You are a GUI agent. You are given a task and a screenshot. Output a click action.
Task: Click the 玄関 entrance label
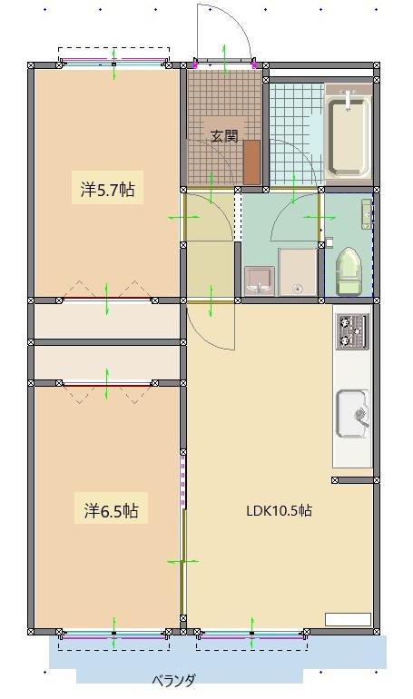pyautogui.click(x=224, y=135)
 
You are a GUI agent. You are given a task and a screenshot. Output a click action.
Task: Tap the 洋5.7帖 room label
pyautogui.click(x=107, y=190)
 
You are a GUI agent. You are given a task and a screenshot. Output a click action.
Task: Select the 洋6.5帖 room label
pyautogui.click(x=111, y=510)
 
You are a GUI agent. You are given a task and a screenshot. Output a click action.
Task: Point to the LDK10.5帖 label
pyautogui.click(x=280, y=510)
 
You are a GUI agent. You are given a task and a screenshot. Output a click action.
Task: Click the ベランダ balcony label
pyautogui.click(x=173, y=681)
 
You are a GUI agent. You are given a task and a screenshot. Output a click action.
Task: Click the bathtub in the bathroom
pyautogui.click(x=349, y=135)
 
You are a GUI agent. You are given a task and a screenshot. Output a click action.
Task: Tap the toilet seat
pyautogui.click(x=349, y=272)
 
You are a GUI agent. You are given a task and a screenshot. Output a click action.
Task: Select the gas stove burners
pyautogui.click(x=352, y=331)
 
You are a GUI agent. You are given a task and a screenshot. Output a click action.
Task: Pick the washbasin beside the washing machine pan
pyautogui.click(x=259, y=281)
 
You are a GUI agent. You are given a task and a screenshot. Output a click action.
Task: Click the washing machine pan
pyautogui.click(x=298, y=272)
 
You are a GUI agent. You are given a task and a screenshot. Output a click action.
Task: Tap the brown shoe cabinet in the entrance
pyautogui.click(x=251, y=162)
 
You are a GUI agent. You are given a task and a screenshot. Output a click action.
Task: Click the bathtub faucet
pyautogui.click(x=348, y=99)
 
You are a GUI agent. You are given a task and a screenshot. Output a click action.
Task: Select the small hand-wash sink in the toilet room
pyautogui.click(x=367, y=214)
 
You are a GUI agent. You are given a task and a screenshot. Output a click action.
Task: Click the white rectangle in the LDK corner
pyautogui.click(x=348, y=619)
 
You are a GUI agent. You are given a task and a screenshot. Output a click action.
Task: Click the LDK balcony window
pyautogui.click(x=251, y=632)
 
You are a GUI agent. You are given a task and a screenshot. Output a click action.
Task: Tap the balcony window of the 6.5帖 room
pyautogui.click(x=114, y=632)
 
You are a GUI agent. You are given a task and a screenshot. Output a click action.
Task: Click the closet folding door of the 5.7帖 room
pyautogui.click(x=107, y=294)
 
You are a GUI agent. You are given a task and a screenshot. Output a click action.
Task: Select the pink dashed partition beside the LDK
pyautogui.click(x=182, y=477)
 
